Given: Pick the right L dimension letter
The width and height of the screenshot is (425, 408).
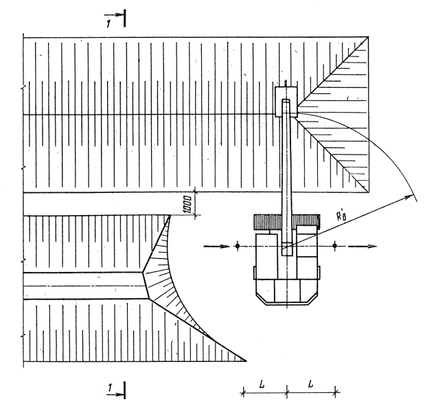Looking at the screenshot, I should click(310, 382).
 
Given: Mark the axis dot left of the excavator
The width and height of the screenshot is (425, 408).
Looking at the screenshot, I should click(237, 245).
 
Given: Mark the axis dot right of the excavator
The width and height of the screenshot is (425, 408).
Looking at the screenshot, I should click(334, 245).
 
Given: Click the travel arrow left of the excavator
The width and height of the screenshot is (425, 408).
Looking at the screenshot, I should click(213, 245).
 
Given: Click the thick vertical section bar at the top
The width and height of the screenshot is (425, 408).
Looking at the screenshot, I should click(124, 17).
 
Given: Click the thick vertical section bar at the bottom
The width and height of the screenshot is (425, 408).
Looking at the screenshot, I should click(125, 393).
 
